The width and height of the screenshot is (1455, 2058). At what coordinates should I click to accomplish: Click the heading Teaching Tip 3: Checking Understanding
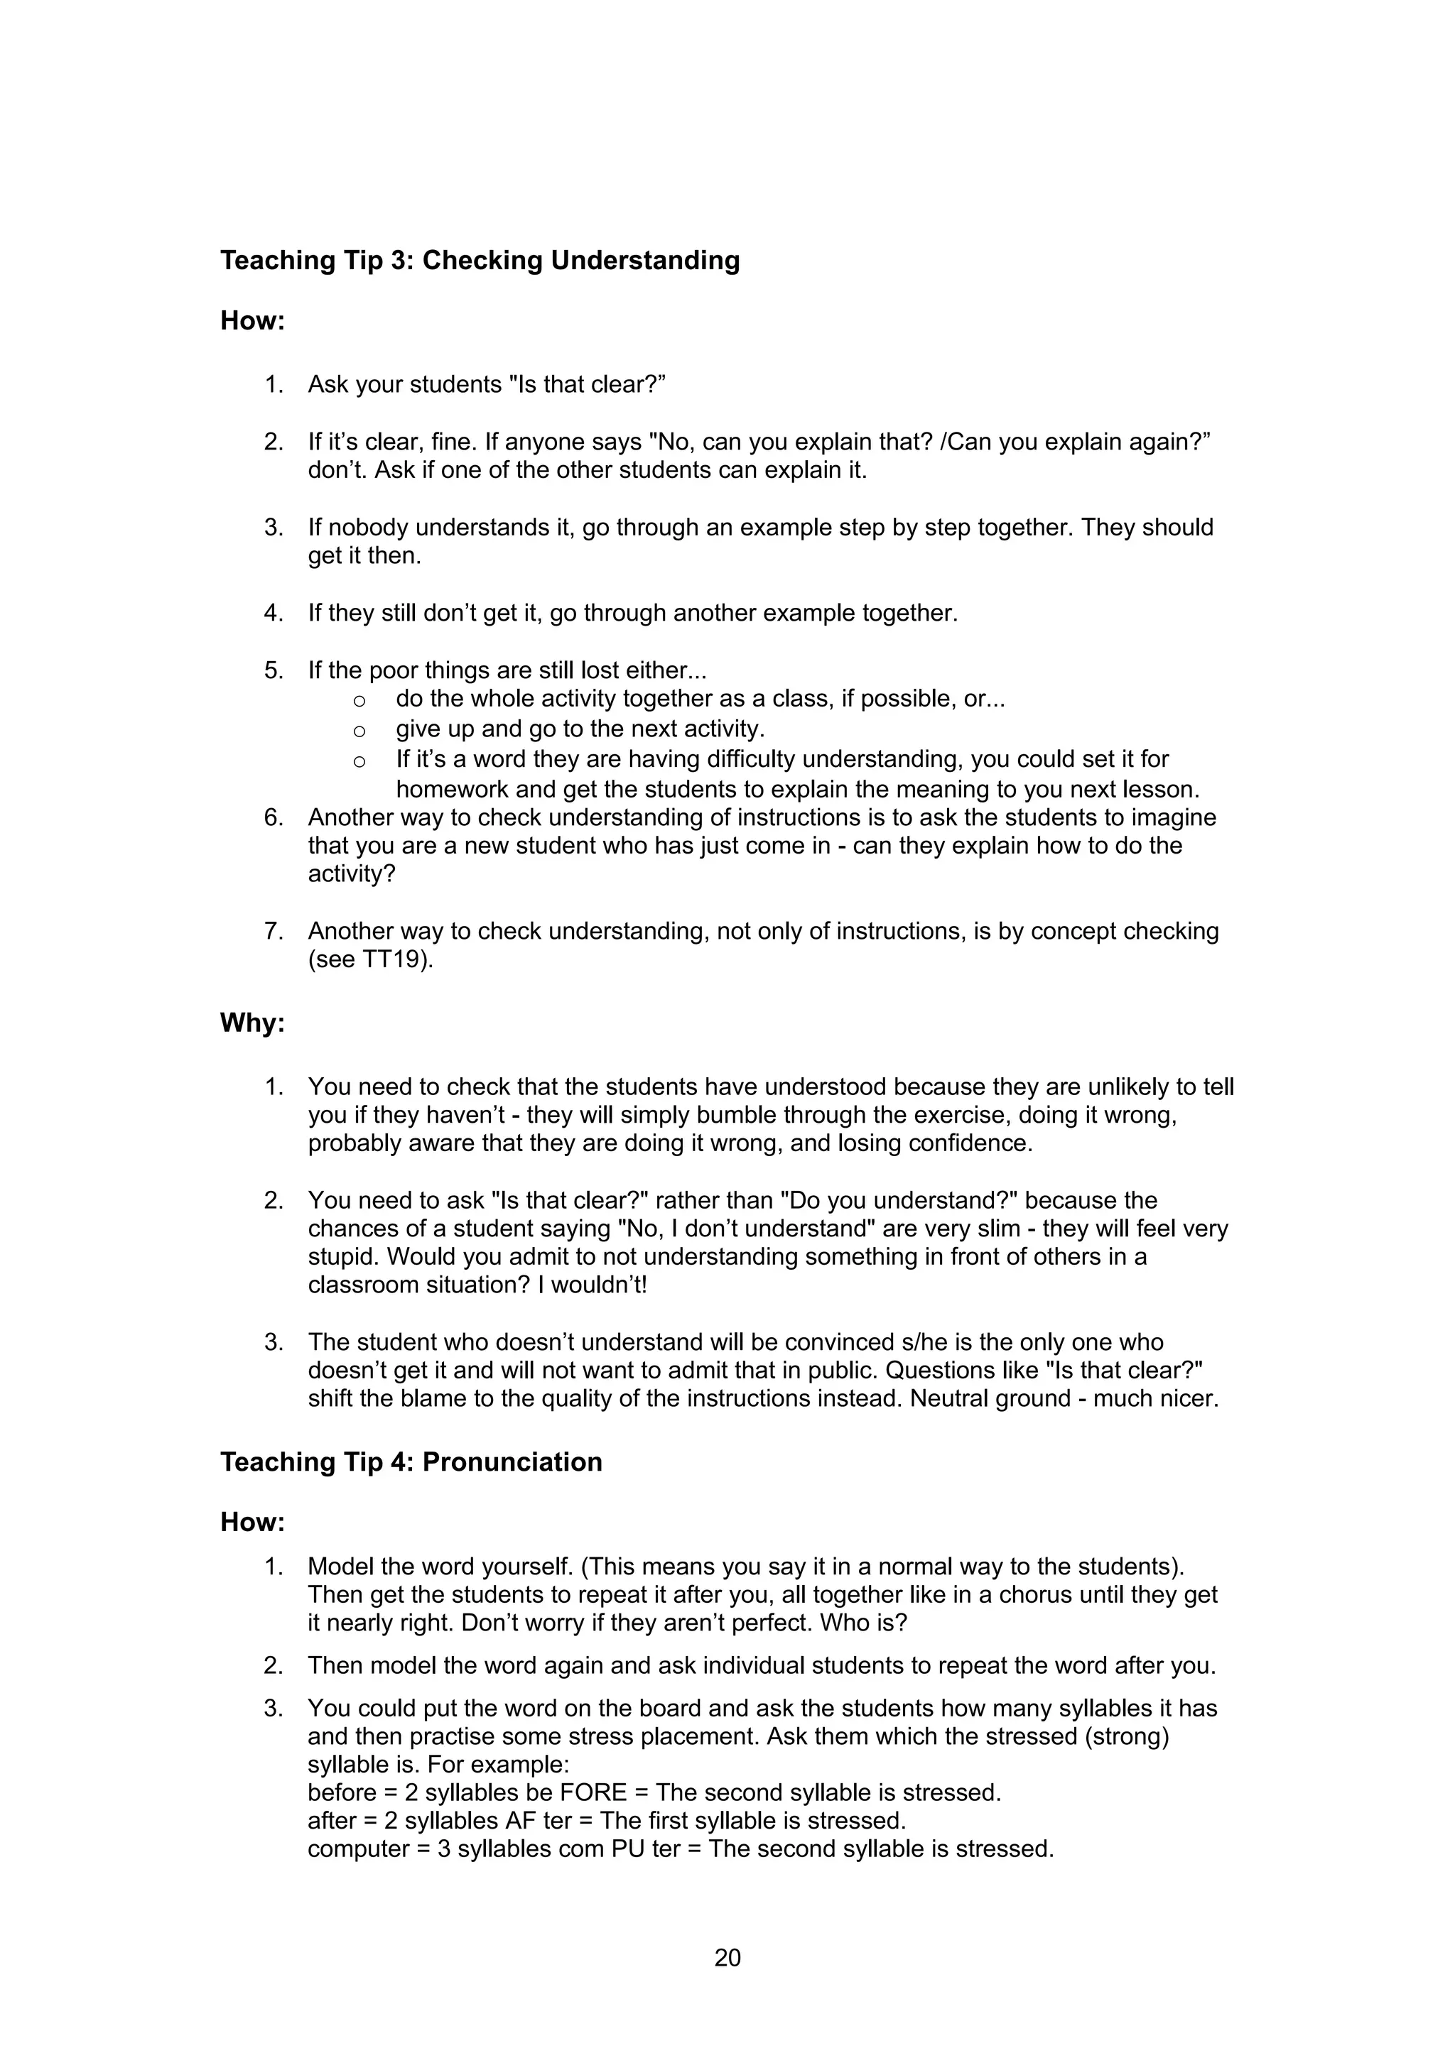[480, 260]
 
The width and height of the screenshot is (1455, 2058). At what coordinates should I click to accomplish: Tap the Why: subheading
[252, 1023]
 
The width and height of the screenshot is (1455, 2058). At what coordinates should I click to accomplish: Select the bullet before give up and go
[359, 729]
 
